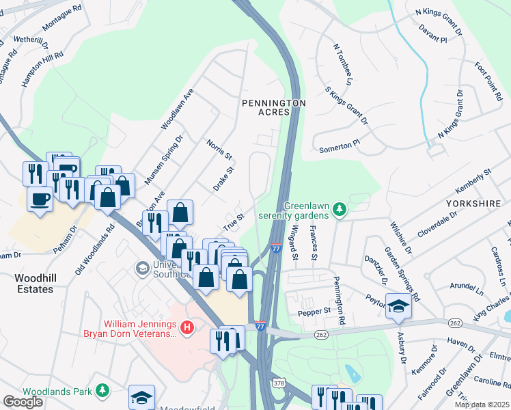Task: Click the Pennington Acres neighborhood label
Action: (273, 107)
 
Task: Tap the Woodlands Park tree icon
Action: (102, 390)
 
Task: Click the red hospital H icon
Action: (187, 329)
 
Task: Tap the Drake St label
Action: (223, 178)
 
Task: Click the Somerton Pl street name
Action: (339, 146)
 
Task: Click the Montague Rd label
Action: (62, 18)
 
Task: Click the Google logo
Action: (23, 402)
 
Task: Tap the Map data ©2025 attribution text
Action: (482, 405)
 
